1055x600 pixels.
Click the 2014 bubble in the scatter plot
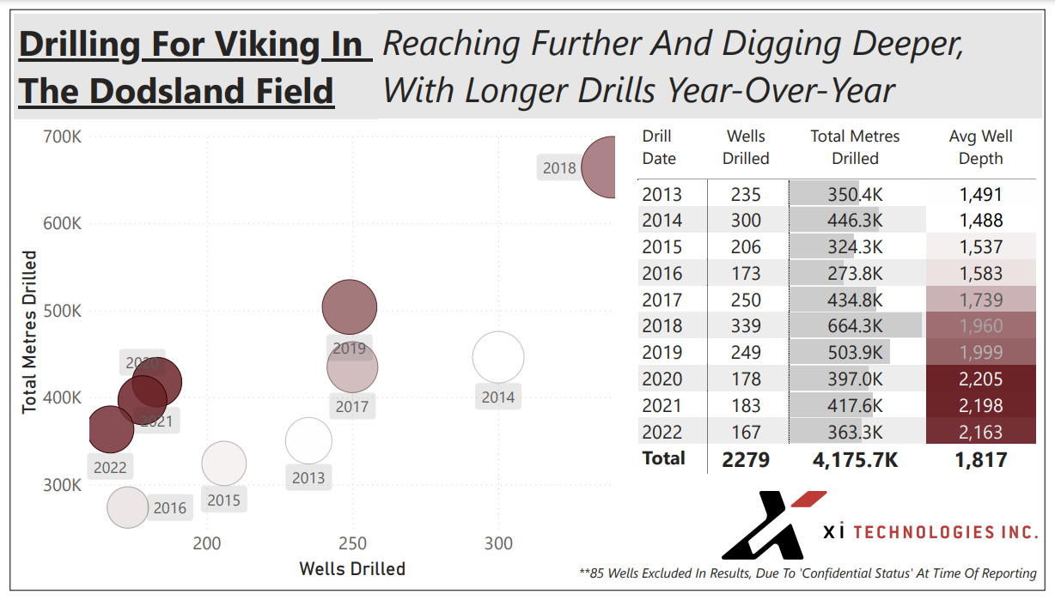[x=497, y=357]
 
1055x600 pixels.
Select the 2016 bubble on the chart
[x=128, y=507]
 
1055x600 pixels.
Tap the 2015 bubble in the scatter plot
[x=223, y=464]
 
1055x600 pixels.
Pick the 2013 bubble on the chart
[x=308, y=441]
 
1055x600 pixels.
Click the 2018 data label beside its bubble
[x=559, y=168]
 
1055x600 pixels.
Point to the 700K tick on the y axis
[x=62, y=137]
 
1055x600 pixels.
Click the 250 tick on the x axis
[x=352, y=543]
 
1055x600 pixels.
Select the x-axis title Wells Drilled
[x=352, y=569]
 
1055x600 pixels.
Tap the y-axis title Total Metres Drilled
[x=29, y=332]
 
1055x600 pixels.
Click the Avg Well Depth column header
[x=980, y=148]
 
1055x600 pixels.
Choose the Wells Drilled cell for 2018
[x=746, y=325]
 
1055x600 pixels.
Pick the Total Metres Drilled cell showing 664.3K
[x=856, y=325]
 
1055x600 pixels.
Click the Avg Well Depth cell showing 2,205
[x=980, y=379]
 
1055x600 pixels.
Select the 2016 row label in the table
[x=662, y=273]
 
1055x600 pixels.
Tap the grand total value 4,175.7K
[x=856, y=460]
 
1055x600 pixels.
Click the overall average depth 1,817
[x=980, y=460]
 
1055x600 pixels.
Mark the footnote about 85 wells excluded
[x=808, y=573]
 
